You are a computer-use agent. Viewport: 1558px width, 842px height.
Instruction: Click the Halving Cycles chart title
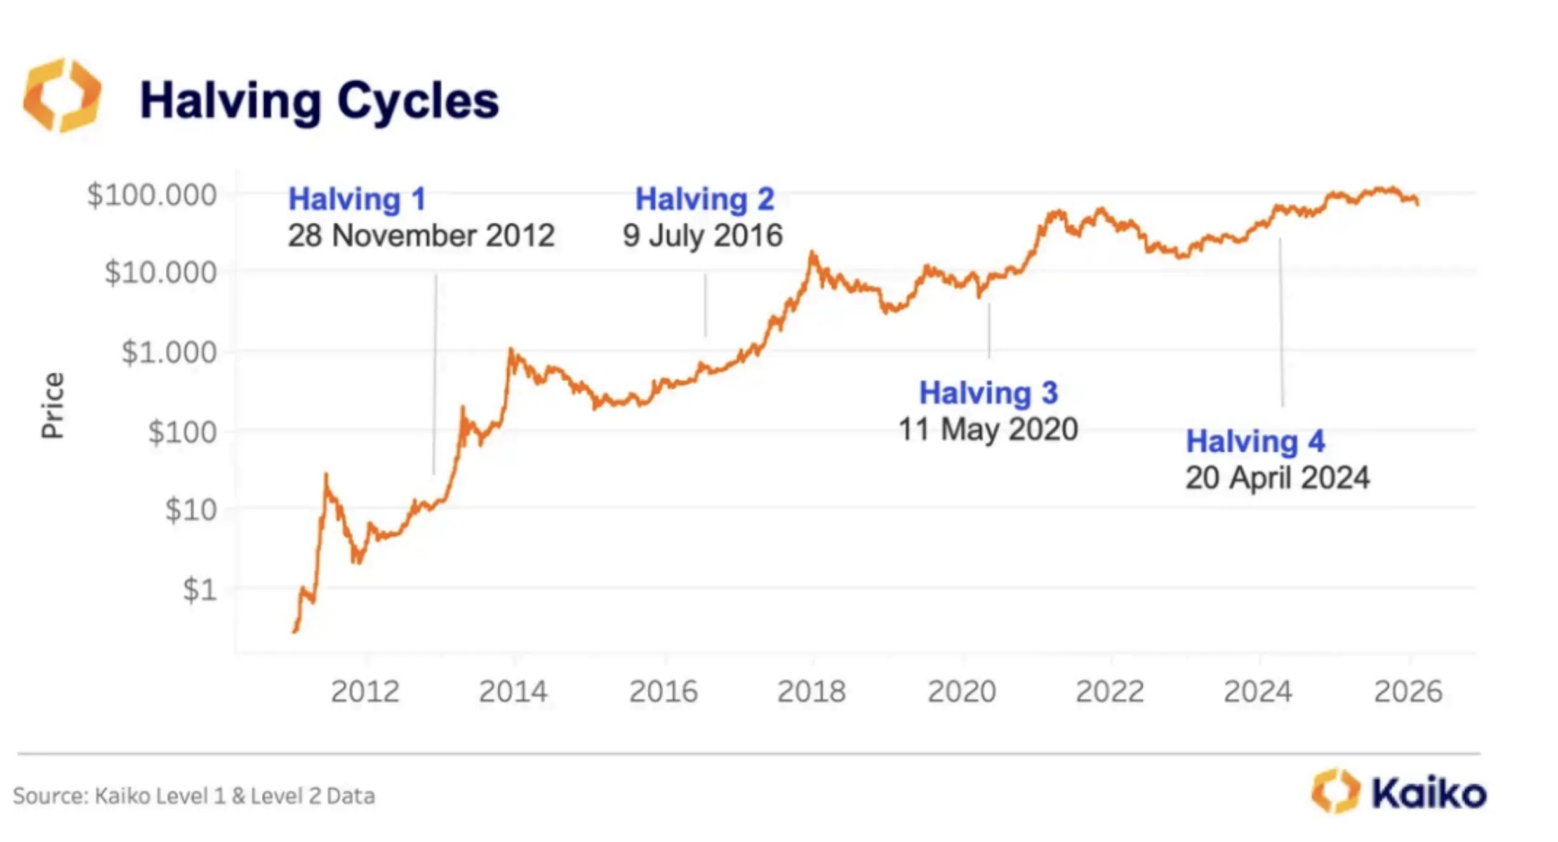(x=319, y=101)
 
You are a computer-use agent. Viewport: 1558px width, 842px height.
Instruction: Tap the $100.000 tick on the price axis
(x=152, y=195)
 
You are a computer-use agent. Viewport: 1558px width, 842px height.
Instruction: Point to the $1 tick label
(x=200, y=590)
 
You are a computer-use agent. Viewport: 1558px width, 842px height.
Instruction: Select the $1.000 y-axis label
(x=169, y=352)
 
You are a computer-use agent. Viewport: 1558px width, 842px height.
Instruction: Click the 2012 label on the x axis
(x=365, y=692)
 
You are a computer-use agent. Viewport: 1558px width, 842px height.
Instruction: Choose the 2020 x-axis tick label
(x=962, y=692)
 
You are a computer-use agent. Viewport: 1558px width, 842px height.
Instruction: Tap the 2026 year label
(x=1408, y=692)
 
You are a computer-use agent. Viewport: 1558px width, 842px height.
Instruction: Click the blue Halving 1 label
(x=357, y=199)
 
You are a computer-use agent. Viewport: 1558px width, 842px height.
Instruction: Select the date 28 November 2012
(x=421, y=236)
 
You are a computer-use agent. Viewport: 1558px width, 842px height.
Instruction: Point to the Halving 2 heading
(x=705, y=199)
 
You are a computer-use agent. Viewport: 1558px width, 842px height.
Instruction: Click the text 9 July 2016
(x=702, y=236)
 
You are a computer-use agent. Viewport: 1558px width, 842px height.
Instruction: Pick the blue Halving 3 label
(x=989, y=393)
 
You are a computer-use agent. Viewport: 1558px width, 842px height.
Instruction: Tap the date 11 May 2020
(x=988, y=430)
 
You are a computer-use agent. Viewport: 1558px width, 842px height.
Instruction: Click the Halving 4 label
(x=1255, y=441)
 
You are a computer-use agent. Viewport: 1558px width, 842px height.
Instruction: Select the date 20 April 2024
(x=1277, y=478)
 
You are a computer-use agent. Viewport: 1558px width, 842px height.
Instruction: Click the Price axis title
(x=53, y=405)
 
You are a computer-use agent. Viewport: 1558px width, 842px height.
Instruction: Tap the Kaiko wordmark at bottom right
(x=1428, y=793)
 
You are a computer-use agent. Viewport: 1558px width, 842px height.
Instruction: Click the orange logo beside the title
(x=62, y=95)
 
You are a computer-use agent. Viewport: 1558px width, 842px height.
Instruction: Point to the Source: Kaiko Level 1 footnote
(x=194, y=796)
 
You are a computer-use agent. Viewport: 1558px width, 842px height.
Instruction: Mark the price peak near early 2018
(x=812, y=253)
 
